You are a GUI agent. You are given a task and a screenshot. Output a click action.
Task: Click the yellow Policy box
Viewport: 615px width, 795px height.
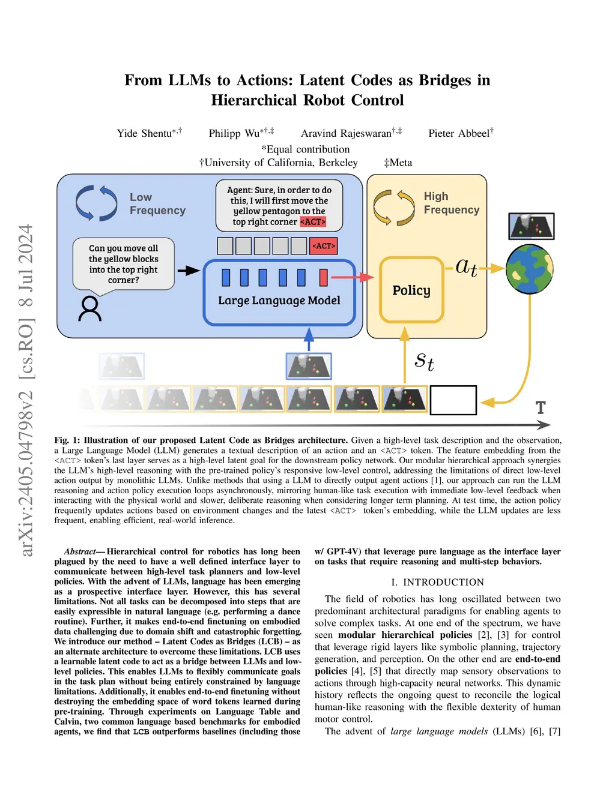411,290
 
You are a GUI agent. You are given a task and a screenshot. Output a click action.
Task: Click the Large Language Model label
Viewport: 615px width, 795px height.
279,300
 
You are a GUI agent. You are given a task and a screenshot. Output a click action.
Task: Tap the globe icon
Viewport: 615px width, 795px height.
529,269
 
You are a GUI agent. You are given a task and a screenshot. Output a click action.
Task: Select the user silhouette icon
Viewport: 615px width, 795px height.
89,308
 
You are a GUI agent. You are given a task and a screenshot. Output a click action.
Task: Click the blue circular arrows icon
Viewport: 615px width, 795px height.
96,203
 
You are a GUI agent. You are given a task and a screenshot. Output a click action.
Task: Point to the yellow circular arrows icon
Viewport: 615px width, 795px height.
393,208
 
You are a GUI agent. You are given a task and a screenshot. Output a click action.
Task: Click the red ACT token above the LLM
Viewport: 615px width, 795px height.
324,246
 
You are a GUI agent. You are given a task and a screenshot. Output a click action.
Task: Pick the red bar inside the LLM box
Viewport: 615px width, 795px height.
323,277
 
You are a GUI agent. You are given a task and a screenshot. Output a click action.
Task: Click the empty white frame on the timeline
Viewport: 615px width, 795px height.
453,400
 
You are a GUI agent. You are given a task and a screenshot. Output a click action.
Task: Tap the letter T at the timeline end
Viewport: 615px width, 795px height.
541,408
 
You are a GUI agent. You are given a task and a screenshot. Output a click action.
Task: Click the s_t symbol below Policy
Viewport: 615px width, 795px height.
424,361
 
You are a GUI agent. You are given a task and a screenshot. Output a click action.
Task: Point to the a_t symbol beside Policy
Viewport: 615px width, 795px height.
466,266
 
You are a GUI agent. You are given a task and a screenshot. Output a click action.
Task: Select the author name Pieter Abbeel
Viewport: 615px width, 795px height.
461,133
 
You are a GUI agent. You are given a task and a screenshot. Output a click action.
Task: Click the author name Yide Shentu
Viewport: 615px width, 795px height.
144,133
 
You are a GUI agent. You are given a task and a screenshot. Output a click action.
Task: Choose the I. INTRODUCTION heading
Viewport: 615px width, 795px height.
437,582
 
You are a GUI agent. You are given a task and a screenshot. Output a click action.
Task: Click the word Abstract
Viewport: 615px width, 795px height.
80,551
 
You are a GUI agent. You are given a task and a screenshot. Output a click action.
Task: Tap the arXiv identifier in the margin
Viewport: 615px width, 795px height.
26,390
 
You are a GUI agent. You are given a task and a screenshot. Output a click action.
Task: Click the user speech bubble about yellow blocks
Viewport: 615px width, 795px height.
124,264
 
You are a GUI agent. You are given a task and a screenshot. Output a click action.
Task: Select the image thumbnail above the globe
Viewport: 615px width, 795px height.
531,226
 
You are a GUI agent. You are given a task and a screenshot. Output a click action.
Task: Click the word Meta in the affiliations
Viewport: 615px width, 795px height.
401,163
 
